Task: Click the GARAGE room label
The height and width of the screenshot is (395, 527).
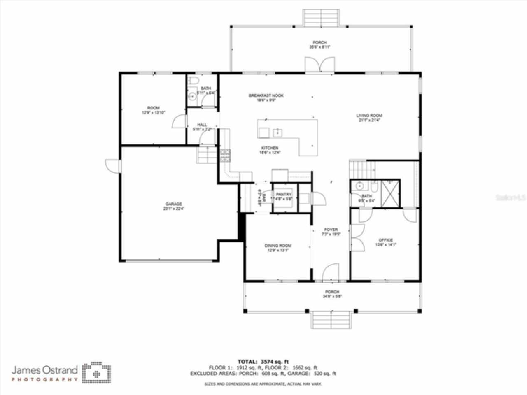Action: pos(174,204)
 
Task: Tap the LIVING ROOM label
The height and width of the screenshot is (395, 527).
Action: pos(369,116)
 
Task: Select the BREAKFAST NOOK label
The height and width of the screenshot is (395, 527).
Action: pos(266,96)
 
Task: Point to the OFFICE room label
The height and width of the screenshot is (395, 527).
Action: pos(385,240)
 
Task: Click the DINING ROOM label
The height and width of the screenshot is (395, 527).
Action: pos(277,246)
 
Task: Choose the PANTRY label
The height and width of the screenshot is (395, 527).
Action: pos(284,195)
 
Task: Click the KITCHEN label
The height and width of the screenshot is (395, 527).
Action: pos(270,148)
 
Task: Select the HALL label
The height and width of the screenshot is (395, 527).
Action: pos(202,125)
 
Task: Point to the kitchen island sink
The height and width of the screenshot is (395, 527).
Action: pos(278,132)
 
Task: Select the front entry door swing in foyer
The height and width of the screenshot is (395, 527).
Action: pos(330,273)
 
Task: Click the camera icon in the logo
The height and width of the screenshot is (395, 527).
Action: pos(96,373)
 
